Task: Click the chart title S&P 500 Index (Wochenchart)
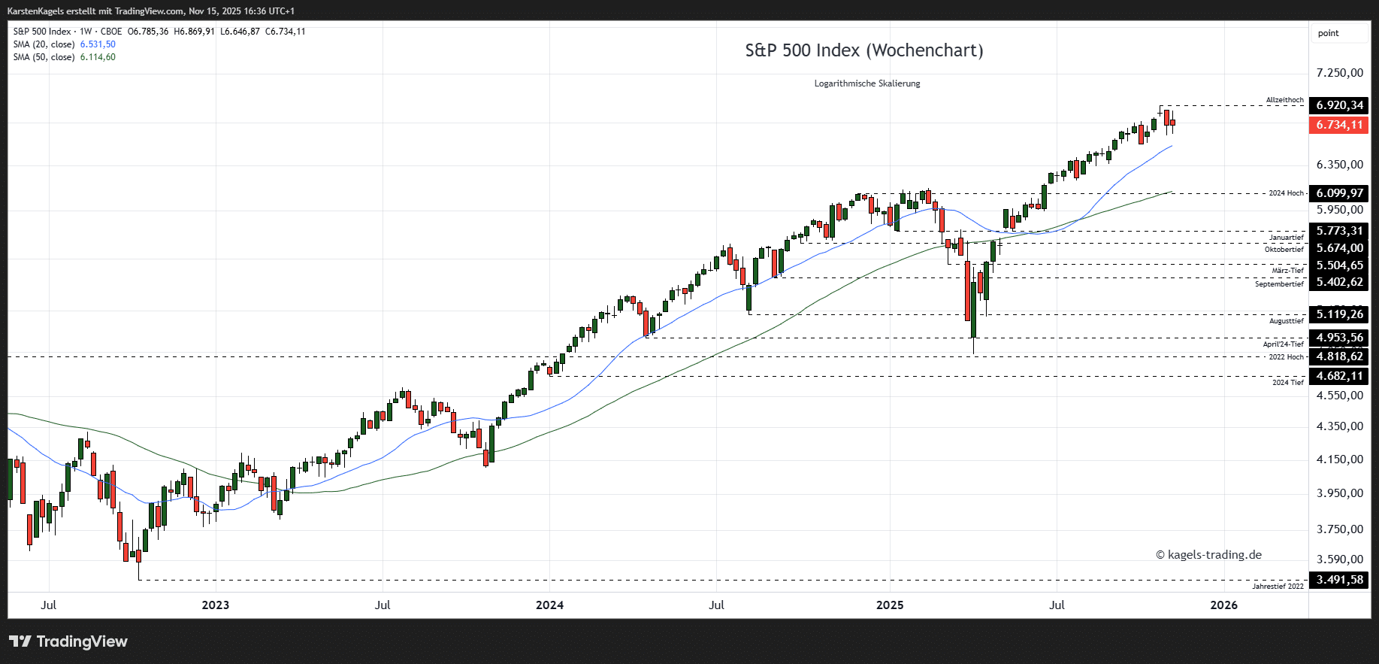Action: [863, 50]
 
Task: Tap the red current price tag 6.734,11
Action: [1339, 125]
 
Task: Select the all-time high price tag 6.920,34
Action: [1339, 105]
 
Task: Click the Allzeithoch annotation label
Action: [1284, 100]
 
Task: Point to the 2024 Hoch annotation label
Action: [1286, 193]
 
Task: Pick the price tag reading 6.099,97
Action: [1339, 193]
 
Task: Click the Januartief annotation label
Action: [1287, 238]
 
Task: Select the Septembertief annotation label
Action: [1279, 284]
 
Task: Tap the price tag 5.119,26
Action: [1339, 314]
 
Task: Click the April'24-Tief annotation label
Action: [1283, 344]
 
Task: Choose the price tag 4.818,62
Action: [1339, 356]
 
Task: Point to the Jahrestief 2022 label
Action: [1278, 587]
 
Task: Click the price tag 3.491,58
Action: [1339, 580]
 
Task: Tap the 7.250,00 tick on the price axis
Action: [1339, 73]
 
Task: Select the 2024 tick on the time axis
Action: [549, 605]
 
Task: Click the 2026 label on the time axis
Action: [1223, 605]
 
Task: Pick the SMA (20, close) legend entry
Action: [44, 44]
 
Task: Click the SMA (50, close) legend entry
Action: [44, 57]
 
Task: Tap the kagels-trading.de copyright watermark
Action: [1208, 555]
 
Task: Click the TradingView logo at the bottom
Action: [68, 641]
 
